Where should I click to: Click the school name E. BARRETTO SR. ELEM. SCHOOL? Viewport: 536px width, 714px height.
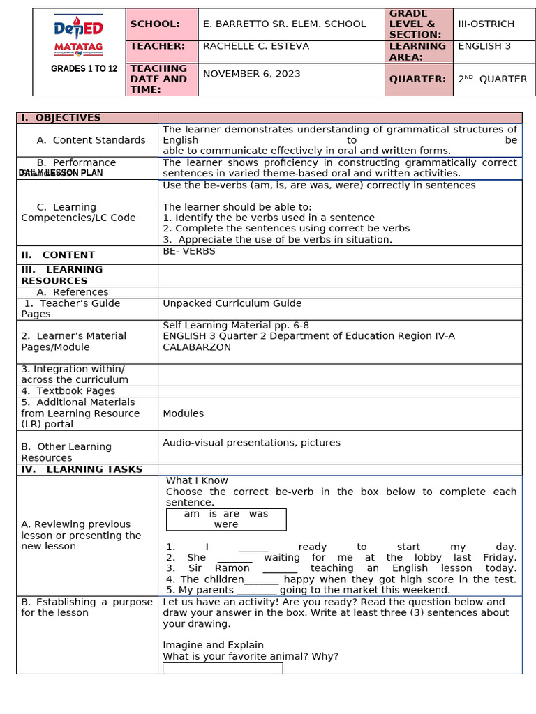pyautogui.click(x=284, y=24)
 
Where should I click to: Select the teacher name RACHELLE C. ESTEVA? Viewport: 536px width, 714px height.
pyautogui.click(x=255, y=46)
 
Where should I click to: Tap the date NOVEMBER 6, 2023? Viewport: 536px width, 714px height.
pyautogui.click(x=251, y=74)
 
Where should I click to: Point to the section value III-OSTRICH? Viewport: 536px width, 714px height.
pyautogui.click(x=486, y=24)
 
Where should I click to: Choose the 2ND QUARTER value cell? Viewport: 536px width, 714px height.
pyautogui.click(x=492, y=79)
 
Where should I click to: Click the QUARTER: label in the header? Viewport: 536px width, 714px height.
pyautogui.click(x=417, y=79)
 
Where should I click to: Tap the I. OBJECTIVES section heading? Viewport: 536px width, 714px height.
pyautogui.click(x=61, y=118)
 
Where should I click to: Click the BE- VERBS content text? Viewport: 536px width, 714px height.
pyautogui.click(x=189, y=251)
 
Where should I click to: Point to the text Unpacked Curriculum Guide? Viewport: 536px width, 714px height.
pyautogui.click(x=232, y=303)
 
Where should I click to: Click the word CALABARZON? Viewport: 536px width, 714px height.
pyautogui.click(x=197, y=347)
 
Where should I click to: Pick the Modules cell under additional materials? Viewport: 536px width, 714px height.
pyautogui.click(x=183, y=413)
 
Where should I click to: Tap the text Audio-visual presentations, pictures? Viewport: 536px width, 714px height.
pyautogui.click(x=251, y=443)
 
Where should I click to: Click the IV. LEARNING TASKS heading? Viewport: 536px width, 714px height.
pyautogui.click(x=82, y=469)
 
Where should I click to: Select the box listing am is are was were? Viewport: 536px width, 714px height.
pyautogui.click(x=226, y=519)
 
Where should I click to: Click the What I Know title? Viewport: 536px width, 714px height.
pyautogui.click(x=197, y=480)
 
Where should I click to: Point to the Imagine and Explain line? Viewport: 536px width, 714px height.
pyautogui.click(x=213, y=645)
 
